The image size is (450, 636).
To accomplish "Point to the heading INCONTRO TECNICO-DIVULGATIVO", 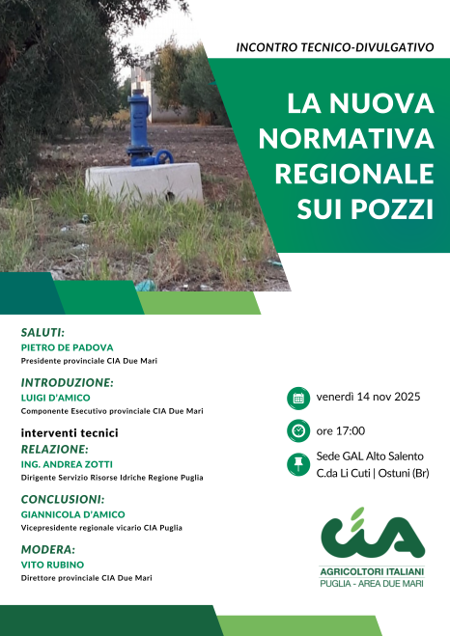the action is (335, 45).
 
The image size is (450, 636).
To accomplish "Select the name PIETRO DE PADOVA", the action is (68, 347).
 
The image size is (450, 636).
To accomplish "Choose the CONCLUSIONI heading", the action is (63, 499).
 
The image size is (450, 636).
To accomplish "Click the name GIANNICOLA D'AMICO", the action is (73, 514).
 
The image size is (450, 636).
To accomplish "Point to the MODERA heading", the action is (48, 548).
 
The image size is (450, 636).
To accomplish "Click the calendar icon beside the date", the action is (298, 397).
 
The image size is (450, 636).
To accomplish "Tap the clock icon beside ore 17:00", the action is (298, 430).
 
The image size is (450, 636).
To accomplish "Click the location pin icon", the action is (298, 464).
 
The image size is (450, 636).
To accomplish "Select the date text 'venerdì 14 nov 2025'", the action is (369, 397).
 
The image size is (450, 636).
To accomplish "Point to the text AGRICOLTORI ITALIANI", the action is (373, 572).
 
